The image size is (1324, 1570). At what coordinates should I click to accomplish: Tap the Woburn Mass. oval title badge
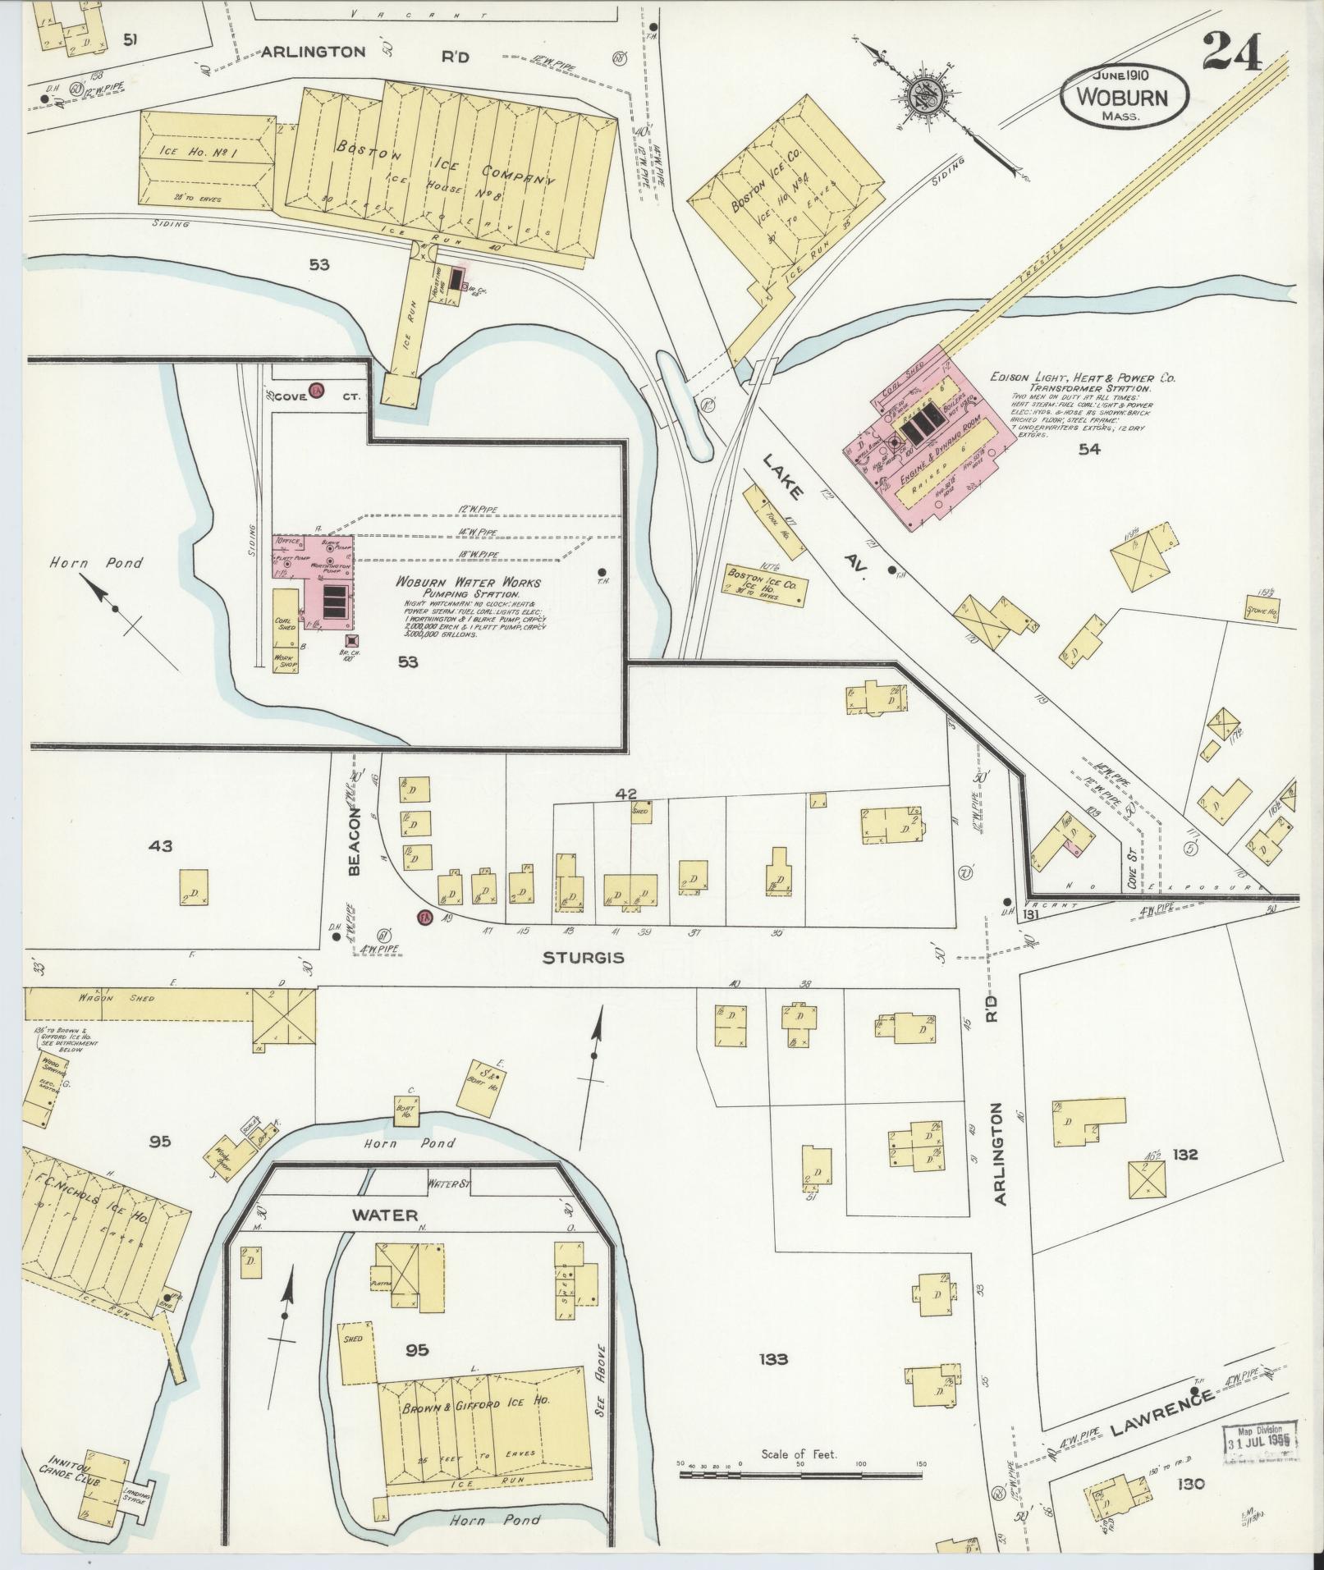[1124, 96]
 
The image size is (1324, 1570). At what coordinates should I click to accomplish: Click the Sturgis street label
[583, 958]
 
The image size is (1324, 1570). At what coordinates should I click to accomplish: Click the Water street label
[384, 1215]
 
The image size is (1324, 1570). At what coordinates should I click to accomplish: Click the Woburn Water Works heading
[468, 582]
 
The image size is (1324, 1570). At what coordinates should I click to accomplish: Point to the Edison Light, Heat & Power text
[1083, 378]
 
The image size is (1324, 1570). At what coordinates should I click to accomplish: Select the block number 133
[772, 1359]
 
